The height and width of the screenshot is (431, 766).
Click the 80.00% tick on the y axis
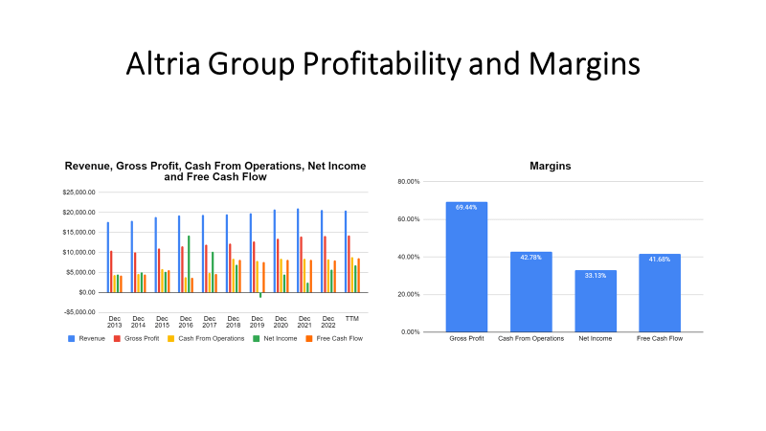(408, 182)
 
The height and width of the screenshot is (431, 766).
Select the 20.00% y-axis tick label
(408, 294)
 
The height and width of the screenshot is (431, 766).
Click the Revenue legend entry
(91, 337)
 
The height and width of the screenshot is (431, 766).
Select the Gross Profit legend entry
(139, 337)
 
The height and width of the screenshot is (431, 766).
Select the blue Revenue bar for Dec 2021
(298, 250)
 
